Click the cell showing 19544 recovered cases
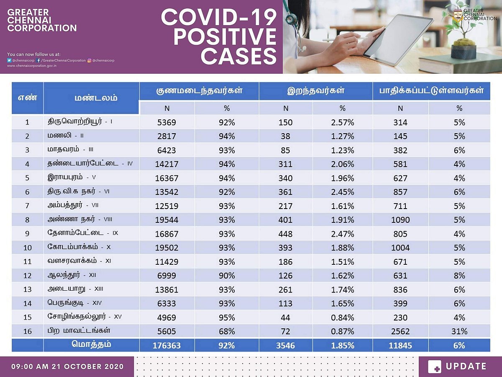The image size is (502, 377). [166, 219]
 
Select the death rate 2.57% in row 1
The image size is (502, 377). [342, 122]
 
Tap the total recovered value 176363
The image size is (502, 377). [166, 346]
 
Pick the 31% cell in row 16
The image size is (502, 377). [459, 331]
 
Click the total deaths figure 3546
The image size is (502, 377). [286, 346]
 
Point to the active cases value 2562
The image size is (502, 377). [400, 331]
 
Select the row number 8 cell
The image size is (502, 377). [27, 219]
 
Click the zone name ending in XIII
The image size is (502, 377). [75, 289]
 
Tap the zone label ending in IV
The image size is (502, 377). [90, 164]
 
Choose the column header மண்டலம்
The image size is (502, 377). [91, 98]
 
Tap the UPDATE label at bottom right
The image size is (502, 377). [466, 367]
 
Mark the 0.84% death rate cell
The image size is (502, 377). [342, 318]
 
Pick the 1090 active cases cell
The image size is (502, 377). [400, 219]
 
